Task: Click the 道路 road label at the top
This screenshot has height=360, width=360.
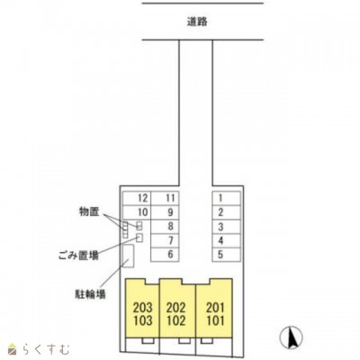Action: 198,22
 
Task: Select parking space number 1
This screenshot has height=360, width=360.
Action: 220,197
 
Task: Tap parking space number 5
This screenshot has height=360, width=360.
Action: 220,255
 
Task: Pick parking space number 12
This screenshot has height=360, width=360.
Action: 141,197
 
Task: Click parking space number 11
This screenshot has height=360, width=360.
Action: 169,197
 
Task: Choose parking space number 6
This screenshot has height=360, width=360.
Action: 169,255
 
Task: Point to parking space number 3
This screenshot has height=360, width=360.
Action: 220,226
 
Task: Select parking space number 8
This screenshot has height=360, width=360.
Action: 169,226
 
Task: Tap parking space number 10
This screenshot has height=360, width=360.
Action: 141,211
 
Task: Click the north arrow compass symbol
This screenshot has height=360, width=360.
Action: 291,338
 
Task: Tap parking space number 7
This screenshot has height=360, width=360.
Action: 169,240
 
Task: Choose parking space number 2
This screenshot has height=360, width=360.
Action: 220,211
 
